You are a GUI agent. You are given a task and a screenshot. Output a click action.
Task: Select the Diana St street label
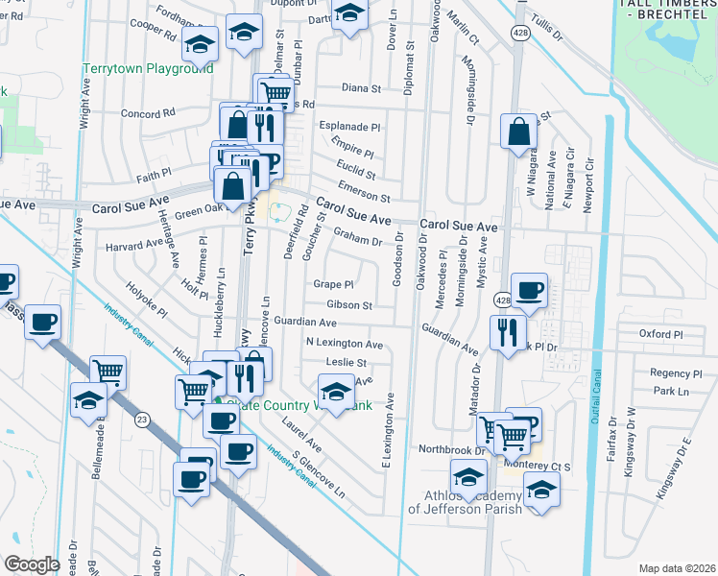tap(361, 88)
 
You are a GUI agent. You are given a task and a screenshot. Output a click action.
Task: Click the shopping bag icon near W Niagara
tap(519, 134)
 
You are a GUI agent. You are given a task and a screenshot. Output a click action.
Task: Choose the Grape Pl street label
tap(333, 284)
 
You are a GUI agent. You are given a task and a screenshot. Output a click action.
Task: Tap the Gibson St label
tap(348, 305)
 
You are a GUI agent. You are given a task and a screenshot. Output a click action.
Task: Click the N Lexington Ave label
tap(344, 344)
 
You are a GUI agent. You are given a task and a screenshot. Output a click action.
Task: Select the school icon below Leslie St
tap(335, 393)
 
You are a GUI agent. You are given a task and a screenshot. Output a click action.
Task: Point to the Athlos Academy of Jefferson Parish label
tap(466, 502)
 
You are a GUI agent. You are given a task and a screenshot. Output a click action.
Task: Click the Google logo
tap(32, 564)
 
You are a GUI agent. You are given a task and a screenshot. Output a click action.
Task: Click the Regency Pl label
tap(670, 372)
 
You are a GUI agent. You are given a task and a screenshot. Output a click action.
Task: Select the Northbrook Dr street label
tap(453, 449)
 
